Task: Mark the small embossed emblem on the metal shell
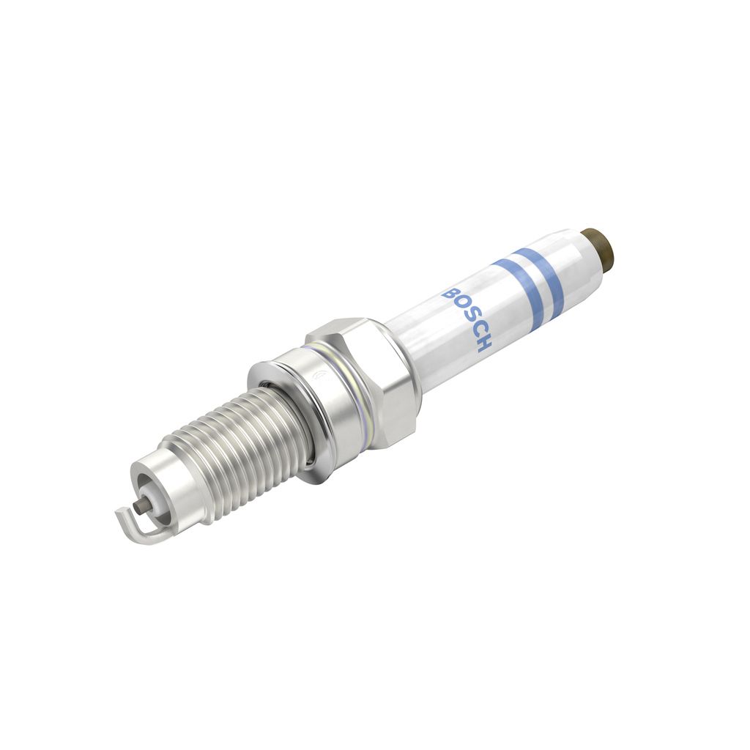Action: pos(318,379)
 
